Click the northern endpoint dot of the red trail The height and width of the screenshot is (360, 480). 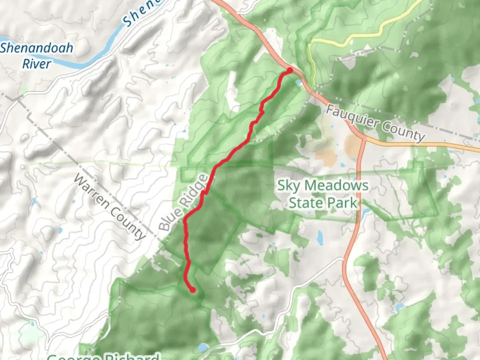[290, 70]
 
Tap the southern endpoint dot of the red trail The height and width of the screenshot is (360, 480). [193, 290]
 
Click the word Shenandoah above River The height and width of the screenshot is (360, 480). [36, 48]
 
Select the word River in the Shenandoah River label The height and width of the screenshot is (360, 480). [37, 64]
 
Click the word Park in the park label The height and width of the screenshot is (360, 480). [343, 203]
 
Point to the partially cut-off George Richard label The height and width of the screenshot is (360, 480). [103, 356]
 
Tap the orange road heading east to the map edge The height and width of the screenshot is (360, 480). [433, 144]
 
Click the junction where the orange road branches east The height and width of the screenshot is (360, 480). [364, 138]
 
